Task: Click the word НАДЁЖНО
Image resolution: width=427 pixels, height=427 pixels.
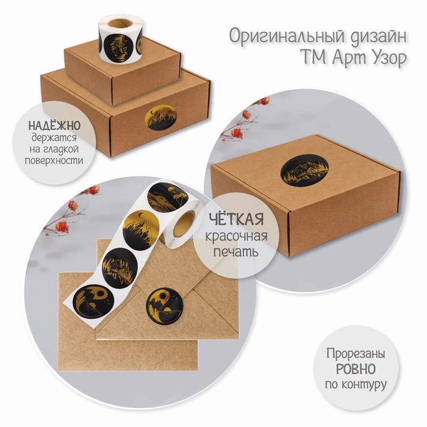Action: click(x=54, y=126)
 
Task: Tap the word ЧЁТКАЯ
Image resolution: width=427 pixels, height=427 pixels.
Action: click(x=237, y=219)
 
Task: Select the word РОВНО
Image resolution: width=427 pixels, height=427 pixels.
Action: click(x=356, y=369)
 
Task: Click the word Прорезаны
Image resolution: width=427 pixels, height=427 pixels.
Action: click(x=356, y=354)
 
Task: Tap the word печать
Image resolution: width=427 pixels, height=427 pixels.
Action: click(x=236, y=251)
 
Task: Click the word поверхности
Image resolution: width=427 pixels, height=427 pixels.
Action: click(x=54, y=160)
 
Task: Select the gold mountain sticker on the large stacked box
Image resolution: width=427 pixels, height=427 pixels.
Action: click(x=162, y=118)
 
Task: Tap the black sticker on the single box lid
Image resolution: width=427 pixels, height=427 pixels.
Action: click(x=304, y=171)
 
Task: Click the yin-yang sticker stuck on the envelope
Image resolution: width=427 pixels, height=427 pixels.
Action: click(x=164, y=306)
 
